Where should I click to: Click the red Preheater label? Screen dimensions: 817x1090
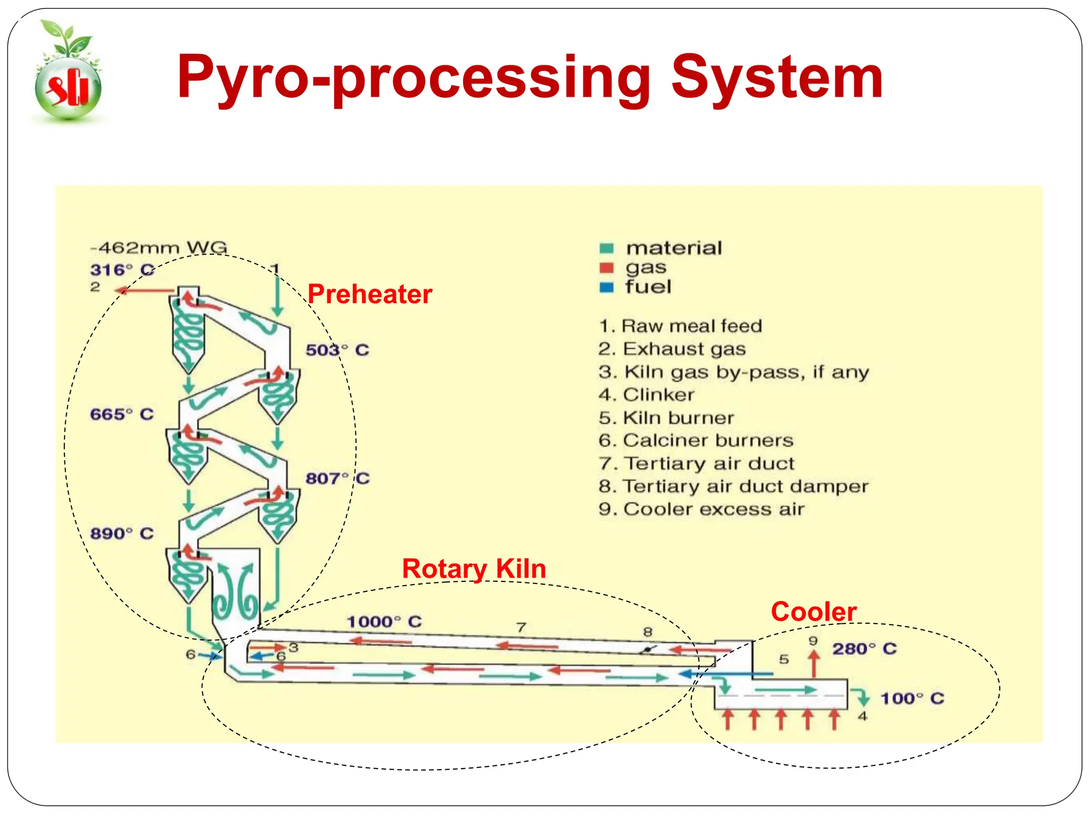coord(369,294)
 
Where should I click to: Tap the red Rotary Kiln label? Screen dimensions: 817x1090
coord(474,569)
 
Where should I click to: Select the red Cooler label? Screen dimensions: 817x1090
coord(813,612)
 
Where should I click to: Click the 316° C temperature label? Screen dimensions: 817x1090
coord(122,270)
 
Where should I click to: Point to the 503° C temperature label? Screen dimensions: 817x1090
coord(337,350)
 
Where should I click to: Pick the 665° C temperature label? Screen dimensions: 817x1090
coord(122,414)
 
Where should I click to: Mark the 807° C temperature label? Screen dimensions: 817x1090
coord(337,478)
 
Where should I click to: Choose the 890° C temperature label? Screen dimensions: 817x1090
coord(122,533)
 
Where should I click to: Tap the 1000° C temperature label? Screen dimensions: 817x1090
coord(384,621)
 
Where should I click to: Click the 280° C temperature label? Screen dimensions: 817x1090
coord(864,649)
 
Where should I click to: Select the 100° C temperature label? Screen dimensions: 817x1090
coord(912,698)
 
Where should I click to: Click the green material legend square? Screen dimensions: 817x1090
coord(606,248)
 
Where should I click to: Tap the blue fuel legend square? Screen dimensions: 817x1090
coord(606,288)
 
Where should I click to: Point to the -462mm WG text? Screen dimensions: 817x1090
coord(159,248)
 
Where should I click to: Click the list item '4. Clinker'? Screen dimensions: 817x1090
coord(646,395)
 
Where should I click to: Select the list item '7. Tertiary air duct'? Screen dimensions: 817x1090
coord(696,463)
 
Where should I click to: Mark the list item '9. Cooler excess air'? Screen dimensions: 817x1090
coord(701,509)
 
